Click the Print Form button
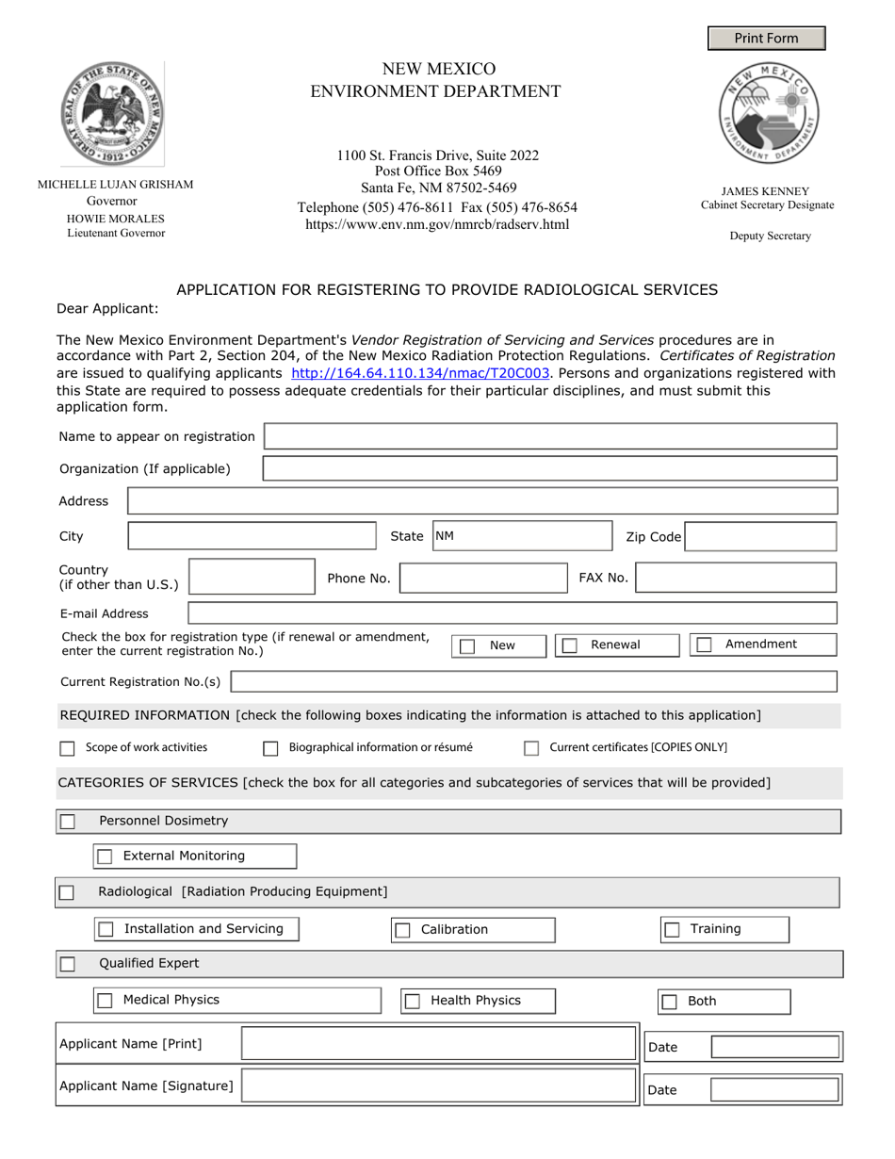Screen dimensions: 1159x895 pos(766,38)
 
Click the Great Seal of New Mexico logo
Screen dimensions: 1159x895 pos(113,114)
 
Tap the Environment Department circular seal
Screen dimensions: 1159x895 pos(769,114)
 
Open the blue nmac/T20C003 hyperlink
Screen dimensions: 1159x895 pos(420,373)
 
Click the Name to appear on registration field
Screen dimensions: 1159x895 pos(550,436)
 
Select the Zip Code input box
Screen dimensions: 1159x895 pos(759,536)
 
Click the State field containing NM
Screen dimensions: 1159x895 pos(522,536)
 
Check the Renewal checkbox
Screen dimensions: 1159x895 pos(570,645)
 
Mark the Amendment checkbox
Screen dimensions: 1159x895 pos(704,645)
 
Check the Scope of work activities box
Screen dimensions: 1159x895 pos(67,748)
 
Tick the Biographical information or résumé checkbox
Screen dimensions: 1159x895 pos(270,748)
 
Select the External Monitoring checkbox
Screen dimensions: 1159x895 pos(105,857)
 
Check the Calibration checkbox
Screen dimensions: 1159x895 pos(402,930)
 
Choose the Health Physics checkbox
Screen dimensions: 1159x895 pos(412,1002)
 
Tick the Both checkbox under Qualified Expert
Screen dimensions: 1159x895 pos(669,1002)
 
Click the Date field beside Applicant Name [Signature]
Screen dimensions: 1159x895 pos(773,1090)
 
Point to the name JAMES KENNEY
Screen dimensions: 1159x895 pos(765,190)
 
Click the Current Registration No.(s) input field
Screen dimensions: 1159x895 pos(533,681)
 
